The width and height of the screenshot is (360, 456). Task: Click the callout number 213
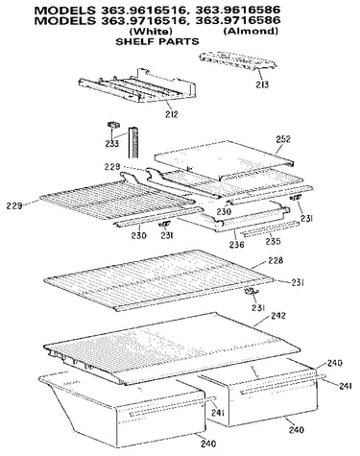pos(262,84)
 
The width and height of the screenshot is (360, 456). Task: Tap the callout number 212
pos(172,114)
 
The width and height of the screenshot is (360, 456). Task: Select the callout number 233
pos(112,143)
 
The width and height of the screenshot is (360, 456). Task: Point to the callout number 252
pos(283,139)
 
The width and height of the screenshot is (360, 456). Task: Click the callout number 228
pos(276,260)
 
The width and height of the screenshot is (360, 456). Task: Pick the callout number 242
pos(278,316)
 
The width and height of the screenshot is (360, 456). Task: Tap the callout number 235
pos(273,241)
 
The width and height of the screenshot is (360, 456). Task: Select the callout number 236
pos(236,245)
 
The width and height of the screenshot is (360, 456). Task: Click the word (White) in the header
pos(151,32)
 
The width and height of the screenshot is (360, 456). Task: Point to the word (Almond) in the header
pos(251,31)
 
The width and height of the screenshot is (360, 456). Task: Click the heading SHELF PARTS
pos(157,41)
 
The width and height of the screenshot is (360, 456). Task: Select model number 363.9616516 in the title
pos(141,11)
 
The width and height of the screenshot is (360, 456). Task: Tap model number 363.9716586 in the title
pos(238,20)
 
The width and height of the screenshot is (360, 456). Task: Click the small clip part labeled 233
pos(112,125)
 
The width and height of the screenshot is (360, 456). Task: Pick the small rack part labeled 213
pos(238,60)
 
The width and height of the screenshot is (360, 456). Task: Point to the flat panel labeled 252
pos(224,158)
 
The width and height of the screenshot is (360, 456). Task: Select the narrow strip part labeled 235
pos(270,228)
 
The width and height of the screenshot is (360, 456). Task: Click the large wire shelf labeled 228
pos(159,280)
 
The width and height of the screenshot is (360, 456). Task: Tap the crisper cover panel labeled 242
pos(171,348)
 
